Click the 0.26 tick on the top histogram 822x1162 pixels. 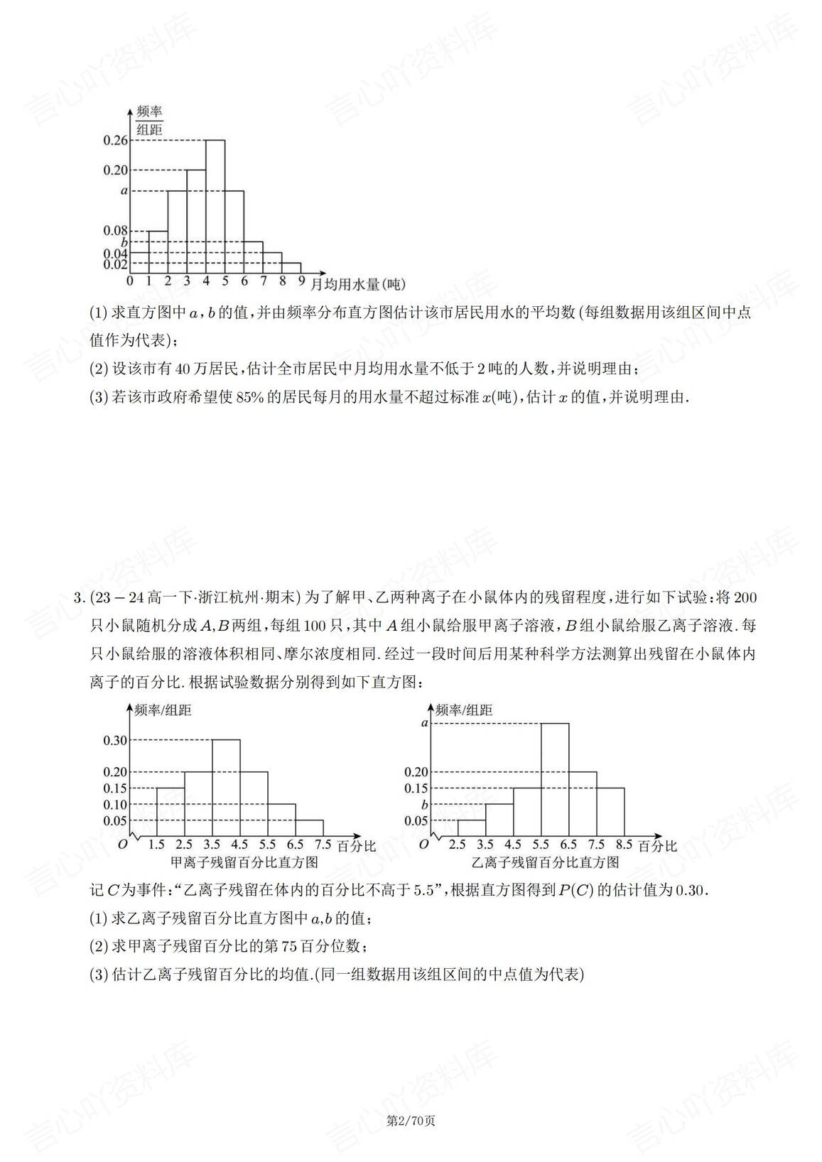click(116, 141)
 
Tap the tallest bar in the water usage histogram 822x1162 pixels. click(215, 206)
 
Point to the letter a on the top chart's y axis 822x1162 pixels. click(124, 190)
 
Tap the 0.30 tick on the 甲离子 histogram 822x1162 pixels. click(116, 740)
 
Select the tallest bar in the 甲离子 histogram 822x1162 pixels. click(226, 788)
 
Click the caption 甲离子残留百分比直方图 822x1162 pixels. click(244, 862)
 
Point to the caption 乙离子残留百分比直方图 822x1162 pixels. click(546, 862)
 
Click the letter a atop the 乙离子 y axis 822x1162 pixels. click(424, 723)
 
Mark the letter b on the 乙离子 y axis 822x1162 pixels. click(424, 805)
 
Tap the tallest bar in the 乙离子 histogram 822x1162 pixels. click(554, 780)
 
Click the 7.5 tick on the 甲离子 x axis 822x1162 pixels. click(323, 845)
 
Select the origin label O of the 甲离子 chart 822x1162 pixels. click(122, 844)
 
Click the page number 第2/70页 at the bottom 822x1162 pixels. click(410, 1122)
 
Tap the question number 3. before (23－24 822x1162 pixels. click(79, 596)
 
